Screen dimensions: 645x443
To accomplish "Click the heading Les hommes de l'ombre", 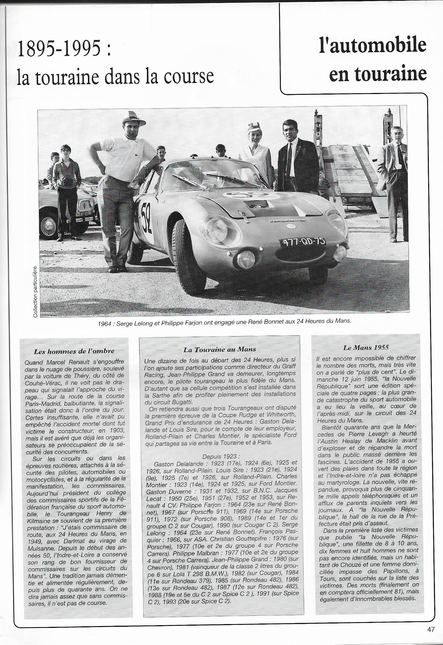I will [x=74, y=351].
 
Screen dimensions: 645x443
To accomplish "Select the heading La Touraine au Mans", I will [x=219, y=350].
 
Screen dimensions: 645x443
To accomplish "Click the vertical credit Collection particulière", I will [x=35, y=292].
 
